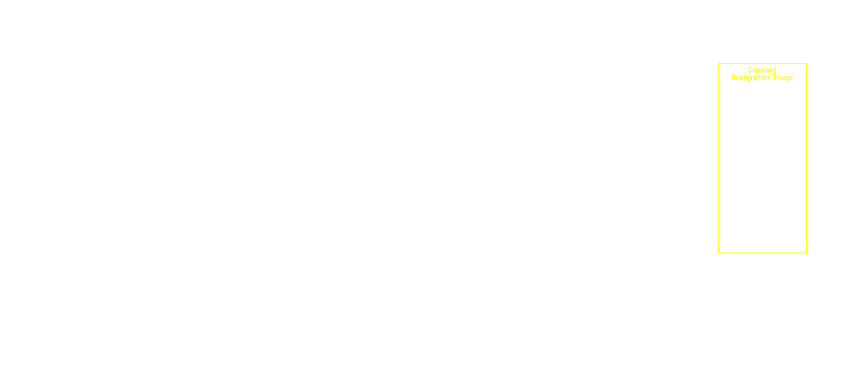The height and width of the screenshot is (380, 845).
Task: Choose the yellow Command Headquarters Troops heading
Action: pyautogui.click(x=762, y=73)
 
